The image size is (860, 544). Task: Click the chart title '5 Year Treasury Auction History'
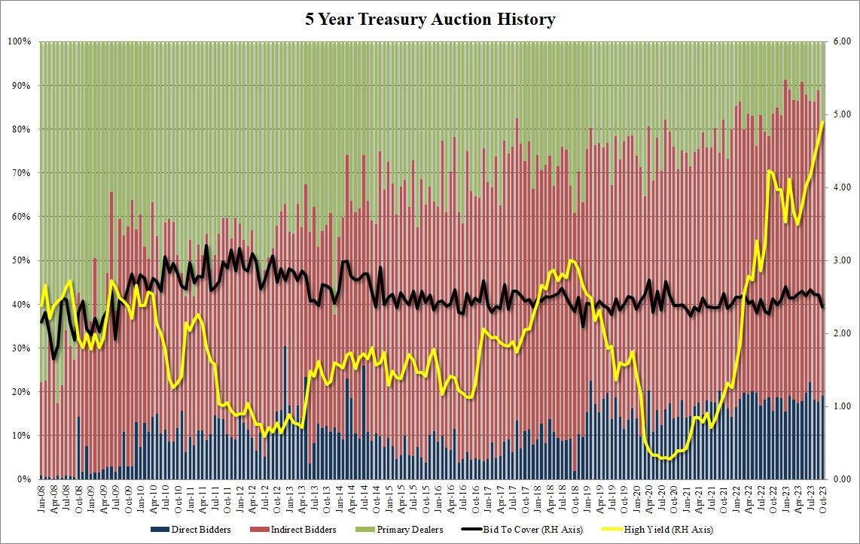430,19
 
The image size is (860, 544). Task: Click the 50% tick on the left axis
20,260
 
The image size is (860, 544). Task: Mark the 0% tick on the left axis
23,479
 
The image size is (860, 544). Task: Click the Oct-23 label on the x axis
822,496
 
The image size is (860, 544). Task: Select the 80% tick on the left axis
20,129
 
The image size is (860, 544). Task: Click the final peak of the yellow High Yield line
822,121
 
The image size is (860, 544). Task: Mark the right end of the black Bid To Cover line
822,306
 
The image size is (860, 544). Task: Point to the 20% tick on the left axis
20,392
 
